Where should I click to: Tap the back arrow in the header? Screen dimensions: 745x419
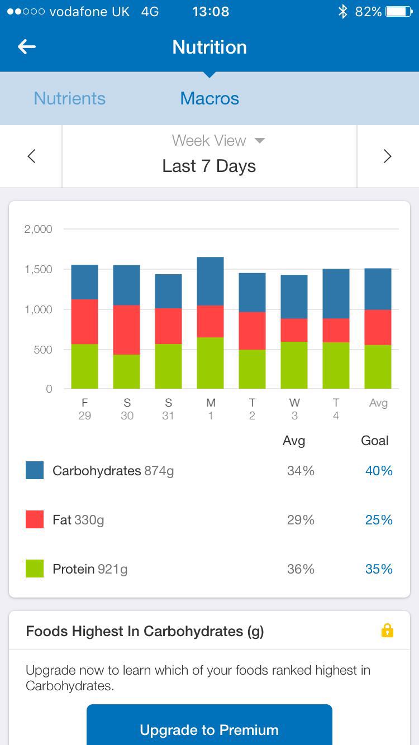27,47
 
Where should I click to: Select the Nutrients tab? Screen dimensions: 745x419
69,98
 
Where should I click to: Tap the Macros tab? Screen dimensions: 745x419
209,98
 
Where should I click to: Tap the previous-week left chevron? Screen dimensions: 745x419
31,156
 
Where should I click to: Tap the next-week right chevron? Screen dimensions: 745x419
388,156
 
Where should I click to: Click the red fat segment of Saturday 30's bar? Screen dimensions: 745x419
127,329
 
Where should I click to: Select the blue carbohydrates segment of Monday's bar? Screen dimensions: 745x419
211,281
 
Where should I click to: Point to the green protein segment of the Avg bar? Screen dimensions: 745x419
378,366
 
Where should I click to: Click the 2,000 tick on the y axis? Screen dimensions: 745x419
39,229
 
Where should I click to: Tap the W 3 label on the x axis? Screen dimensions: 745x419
294,409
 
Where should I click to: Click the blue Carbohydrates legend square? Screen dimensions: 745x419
35,470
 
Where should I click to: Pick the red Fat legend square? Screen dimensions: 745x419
35,519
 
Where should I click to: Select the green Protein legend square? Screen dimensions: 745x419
35,569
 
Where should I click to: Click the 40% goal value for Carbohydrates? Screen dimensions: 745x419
379,471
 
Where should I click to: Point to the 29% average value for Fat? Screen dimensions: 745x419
301,520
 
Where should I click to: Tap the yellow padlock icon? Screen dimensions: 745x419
387,631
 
